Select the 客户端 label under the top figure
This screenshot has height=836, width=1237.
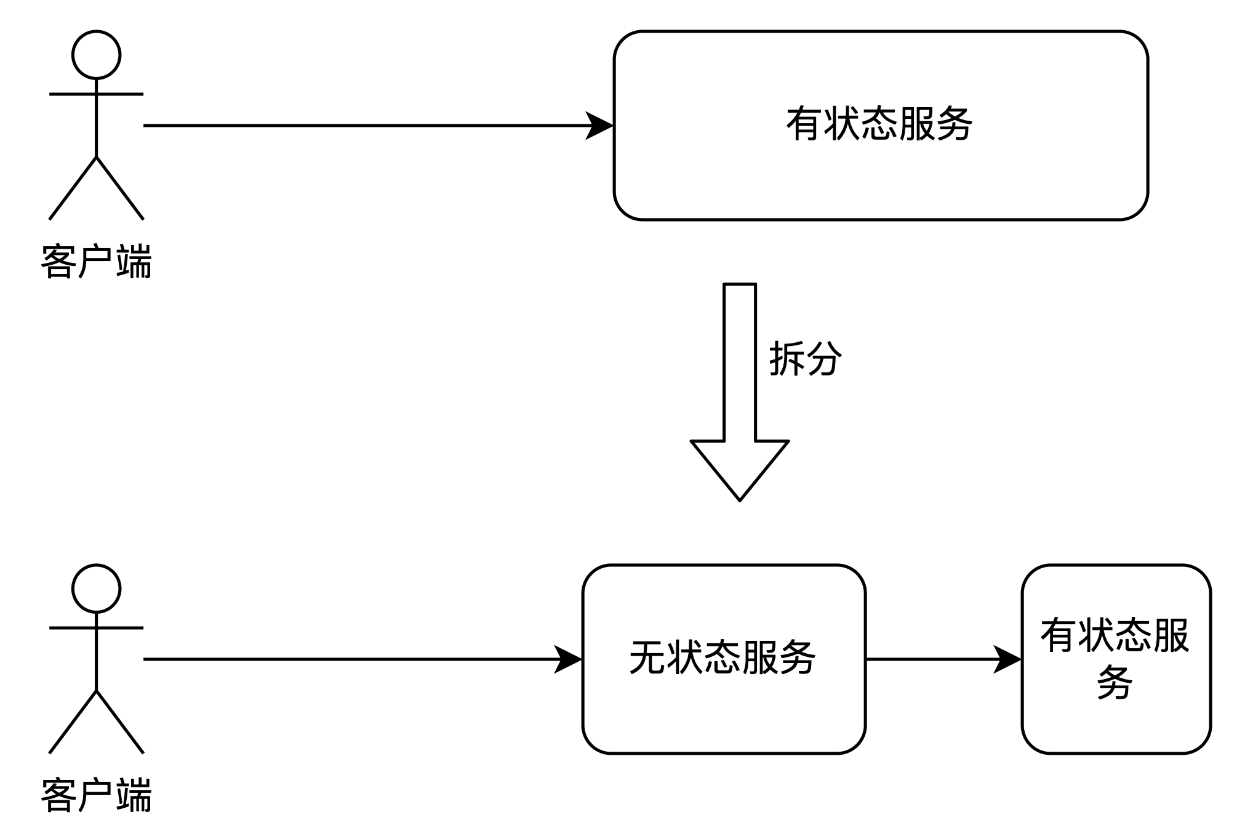[96, 262]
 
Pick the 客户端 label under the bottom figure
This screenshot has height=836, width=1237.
[96, 795]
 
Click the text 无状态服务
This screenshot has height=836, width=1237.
[723, 658]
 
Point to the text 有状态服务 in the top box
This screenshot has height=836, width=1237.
[879, 124]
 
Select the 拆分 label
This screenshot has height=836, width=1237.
[806, 358]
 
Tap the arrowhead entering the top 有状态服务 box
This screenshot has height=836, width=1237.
[599, 126]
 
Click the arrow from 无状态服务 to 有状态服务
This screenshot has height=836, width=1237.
[944, 659]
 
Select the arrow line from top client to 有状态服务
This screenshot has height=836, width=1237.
[378, 126]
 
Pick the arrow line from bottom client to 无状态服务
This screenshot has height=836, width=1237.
[363, 659]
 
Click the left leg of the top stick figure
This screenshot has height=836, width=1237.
[73, 188]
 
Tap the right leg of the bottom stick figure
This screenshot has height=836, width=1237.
[120, 721]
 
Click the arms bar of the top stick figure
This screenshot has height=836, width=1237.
[96, 94]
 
